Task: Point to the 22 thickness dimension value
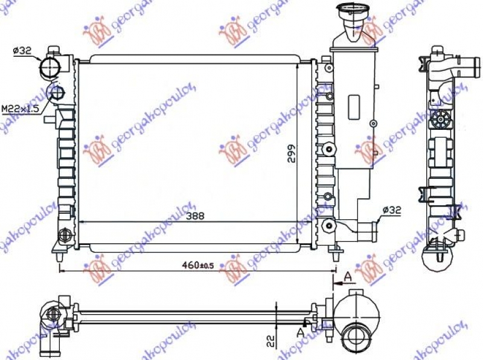(271, 340)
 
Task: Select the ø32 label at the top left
(22, 51)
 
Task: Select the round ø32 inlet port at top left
(48, 68)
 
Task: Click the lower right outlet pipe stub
(368, 230)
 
